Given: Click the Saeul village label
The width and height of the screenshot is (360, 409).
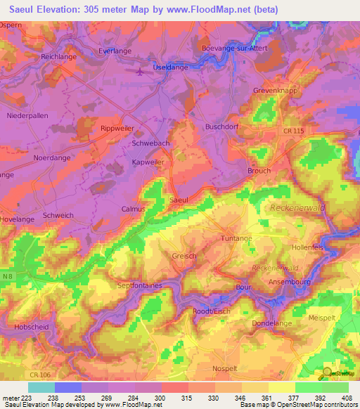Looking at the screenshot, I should tap(178, 200).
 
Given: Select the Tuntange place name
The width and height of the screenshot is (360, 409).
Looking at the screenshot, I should tap(236, 239).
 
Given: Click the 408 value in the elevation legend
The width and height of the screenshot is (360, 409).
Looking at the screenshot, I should tap(348, 399).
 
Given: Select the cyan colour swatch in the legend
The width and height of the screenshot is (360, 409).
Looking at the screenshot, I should tap(41, 387).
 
